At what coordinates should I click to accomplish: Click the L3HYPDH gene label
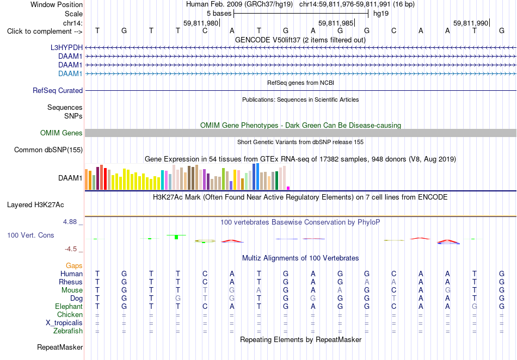click(66, 47)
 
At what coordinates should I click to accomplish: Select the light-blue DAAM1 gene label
click(70, 73)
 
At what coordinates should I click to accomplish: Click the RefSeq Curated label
click(58, 91)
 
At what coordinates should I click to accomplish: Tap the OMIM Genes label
click(61, 133)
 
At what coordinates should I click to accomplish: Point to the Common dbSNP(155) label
click(48, 150)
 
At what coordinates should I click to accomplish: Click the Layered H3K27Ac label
click(35, 205)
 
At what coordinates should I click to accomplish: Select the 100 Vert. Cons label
click(30, 235)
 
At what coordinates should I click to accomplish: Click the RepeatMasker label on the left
click(60, 347)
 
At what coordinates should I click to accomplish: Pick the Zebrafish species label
click(68, 331)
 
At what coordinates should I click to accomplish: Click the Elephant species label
click(69, 306)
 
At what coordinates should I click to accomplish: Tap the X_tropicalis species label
click(64, 322)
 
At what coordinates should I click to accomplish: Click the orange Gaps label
click(74, 265)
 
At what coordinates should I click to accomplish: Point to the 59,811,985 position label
click(336, 23)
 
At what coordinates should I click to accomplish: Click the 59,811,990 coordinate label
click(471, 23)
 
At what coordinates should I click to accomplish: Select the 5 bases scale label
click(219, 14)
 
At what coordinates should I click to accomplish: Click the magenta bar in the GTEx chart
click(288, 188)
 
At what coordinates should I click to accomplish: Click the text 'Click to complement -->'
click(45, 32)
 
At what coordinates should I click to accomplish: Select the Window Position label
click(57, 4)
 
